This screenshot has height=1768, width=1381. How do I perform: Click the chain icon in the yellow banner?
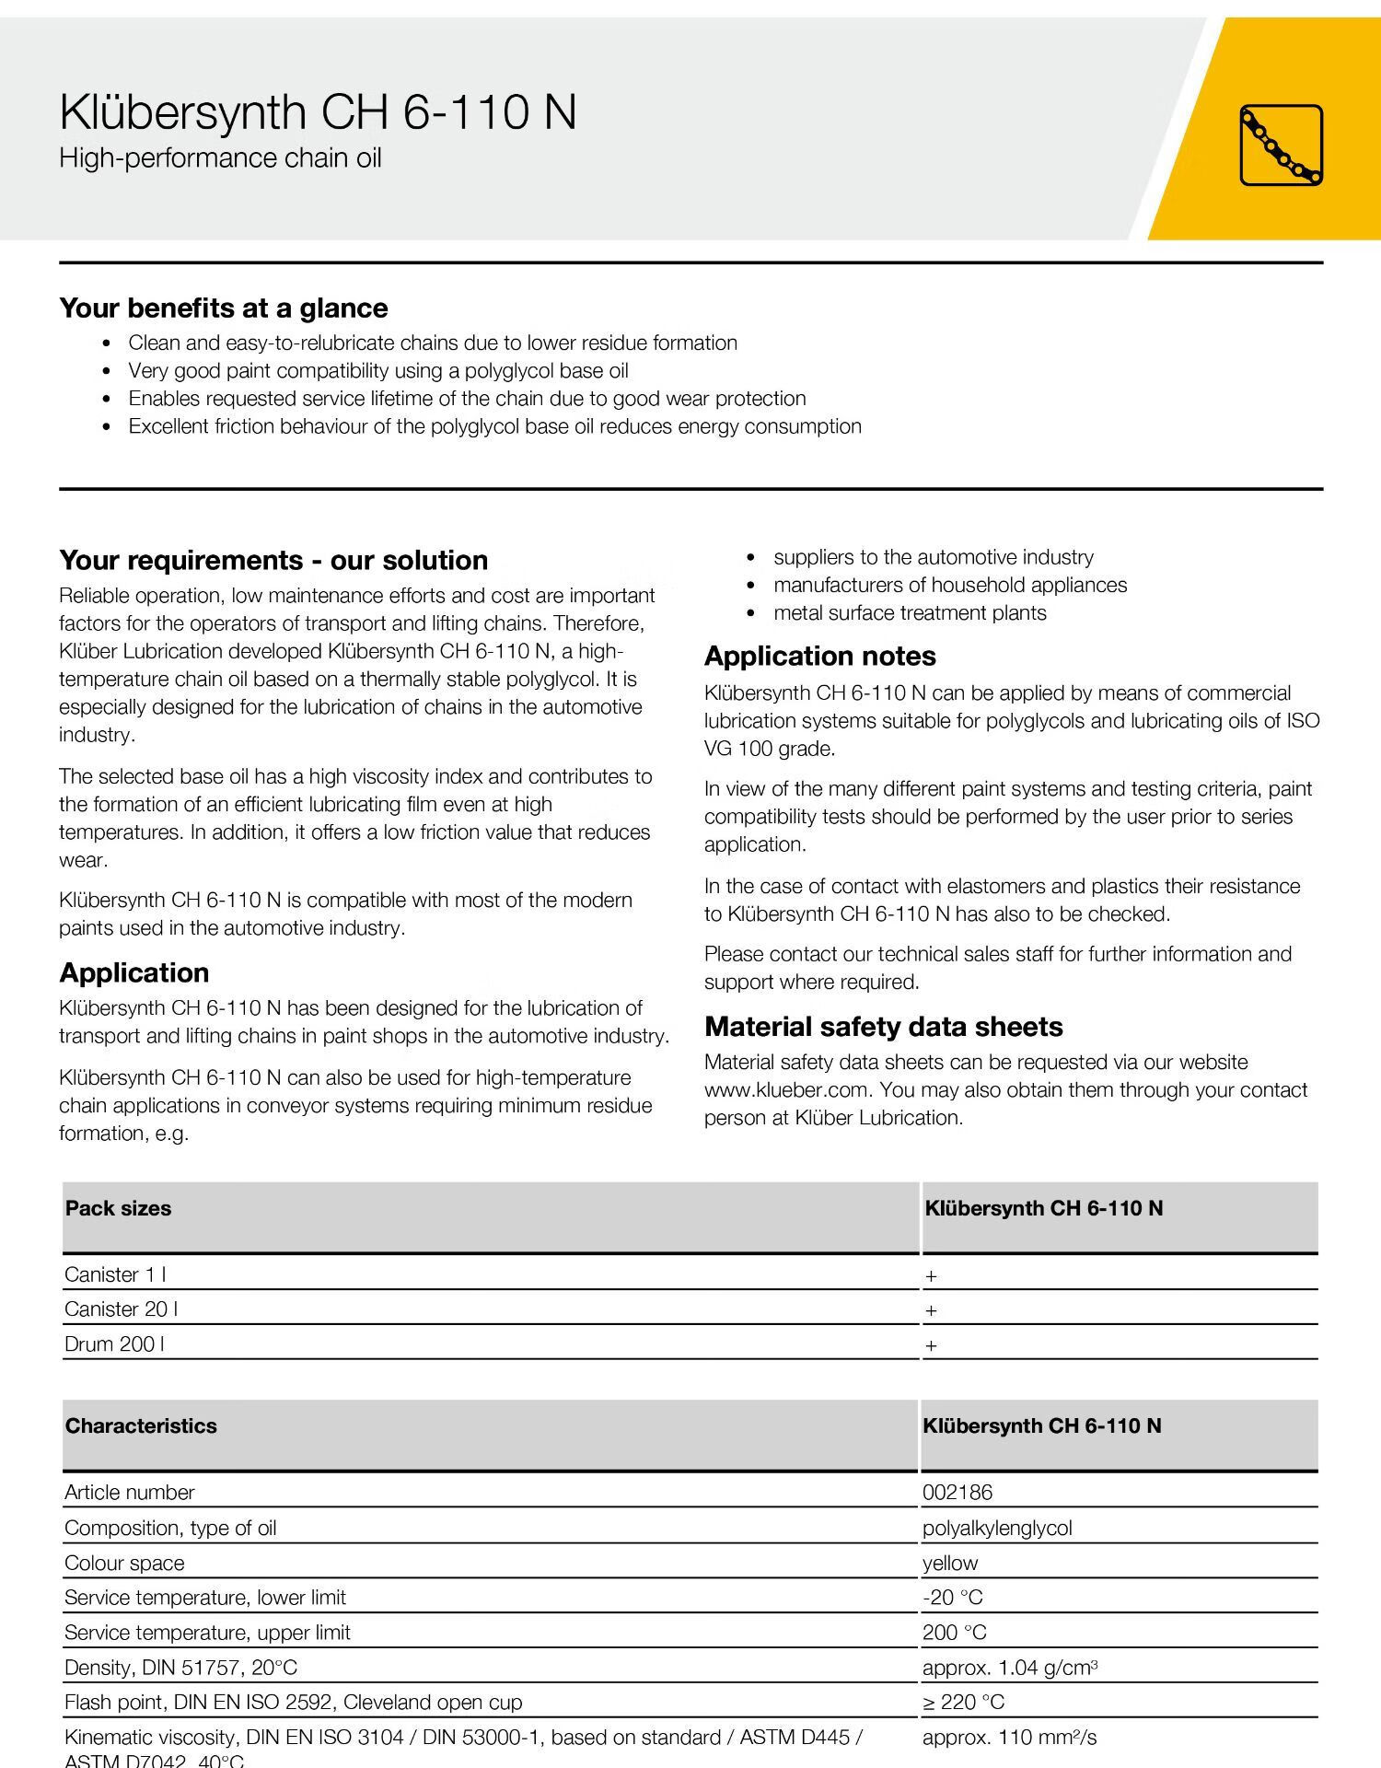pos(1281,145)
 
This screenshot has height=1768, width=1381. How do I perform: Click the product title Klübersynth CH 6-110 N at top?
pos(318,112)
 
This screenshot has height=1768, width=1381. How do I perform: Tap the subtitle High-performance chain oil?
pos(220,158)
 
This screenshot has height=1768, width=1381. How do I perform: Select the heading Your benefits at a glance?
pos(224,308)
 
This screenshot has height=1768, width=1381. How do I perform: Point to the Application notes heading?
pos(819,656)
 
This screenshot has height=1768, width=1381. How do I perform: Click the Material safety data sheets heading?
pos(883,1027)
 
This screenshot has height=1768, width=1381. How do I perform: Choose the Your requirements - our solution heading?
pos(273,560)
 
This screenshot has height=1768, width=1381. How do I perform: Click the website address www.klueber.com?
pos(786,1090)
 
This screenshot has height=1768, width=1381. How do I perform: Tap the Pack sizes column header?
pos(118,1208)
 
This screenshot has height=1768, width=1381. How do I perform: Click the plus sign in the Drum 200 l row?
pos(931,1345)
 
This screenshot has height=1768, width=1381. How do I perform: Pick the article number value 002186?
pos(957,1492)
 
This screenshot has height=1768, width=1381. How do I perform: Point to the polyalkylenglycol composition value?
pos(997,1528)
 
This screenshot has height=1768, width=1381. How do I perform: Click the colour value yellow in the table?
pos(950,1563)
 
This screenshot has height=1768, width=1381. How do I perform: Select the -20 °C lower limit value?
pos(952,1598)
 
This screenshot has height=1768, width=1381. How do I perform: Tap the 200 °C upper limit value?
pos(954,1633)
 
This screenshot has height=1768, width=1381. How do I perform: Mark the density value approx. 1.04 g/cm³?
pos(1009,1668)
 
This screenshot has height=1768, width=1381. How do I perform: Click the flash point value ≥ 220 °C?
pos(963,1703)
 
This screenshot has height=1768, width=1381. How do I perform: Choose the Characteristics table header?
pos(141,1425)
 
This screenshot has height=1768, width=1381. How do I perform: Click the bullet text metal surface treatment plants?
pos(910,613)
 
